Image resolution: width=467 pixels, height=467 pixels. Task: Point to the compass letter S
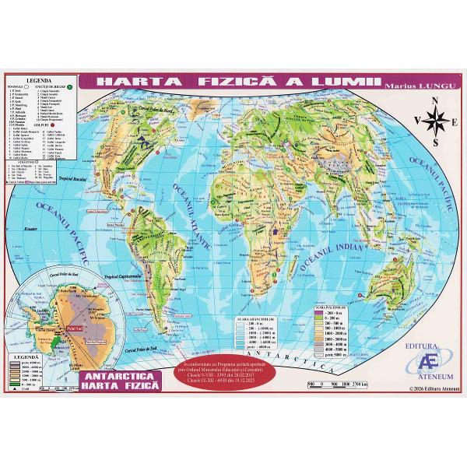pos(436,142)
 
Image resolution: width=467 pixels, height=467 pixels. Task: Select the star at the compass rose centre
pos(436,121)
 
